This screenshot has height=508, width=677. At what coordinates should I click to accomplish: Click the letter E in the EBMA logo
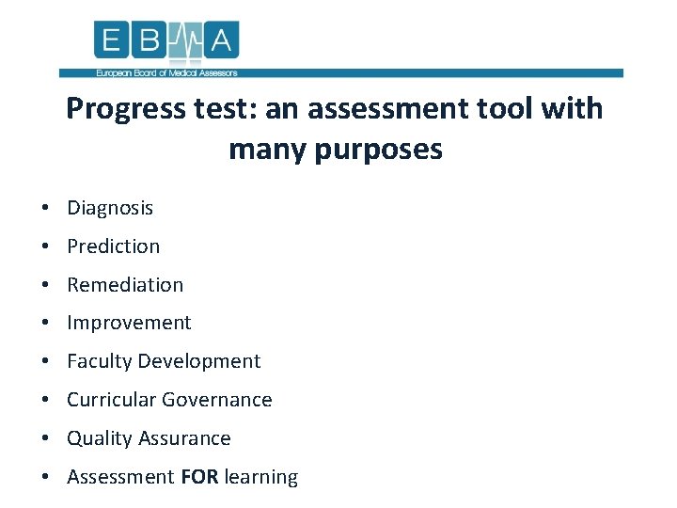point(111,40)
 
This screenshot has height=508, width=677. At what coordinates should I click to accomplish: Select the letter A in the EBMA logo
point(224,40)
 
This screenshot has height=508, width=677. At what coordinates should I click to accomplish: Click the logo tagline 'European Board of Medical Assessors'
point(166,72)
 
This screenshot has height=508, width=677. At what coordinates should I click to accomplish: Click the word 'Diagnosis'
point(110,208)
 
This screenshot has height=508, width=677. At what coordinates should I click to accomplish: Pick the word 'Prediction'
point(114,246)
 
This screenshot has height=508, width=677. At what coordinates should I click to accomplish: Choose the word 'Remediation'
point(125,285)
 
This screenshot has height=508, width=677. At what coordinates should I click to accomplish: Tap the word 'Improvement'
point(129,324)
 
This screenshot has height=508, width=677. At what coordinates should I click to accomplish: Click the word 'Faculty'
point(99,361)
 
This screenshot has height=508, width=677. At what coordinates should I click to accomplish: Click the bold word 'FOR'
point(199,477)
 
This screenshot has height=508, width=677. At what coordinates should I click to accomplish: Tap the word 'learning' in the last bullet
point(261,478)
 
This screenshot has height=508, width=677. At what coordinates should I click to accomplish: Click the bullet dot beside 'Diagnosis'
point(45,209)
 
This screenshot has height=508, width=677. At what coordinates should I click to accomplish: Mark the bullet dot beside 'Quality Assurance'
point(45,439)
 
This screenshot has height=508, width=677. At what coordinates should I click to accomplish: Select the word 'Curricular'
point(111,400)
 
